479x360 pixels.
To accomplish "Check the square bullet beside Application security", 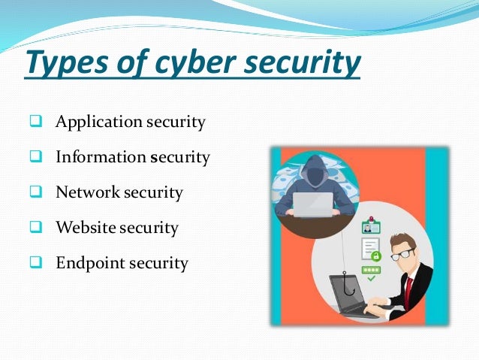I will click(x=36, y=122).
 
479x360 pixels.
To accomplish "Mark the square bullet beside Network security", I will click(x=36, y=192).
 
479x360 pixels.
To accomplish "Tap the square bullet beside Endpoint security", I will click(x=36, y=263).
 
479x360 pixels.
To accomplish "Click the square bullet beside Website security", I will click(x=36, y=228).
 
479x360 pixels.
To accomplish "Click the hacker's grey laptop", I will click(x=313, y=204).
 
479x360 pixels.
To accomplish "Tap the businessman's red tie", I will click(x=408, y=289).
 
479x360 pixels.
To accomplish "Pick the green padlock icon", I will click(x=375, y=256).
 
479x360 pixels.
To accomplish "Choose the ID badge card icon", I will click(x=371, y=226).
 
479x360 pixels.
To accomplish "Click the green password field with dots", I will click(x=371, y=270).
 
